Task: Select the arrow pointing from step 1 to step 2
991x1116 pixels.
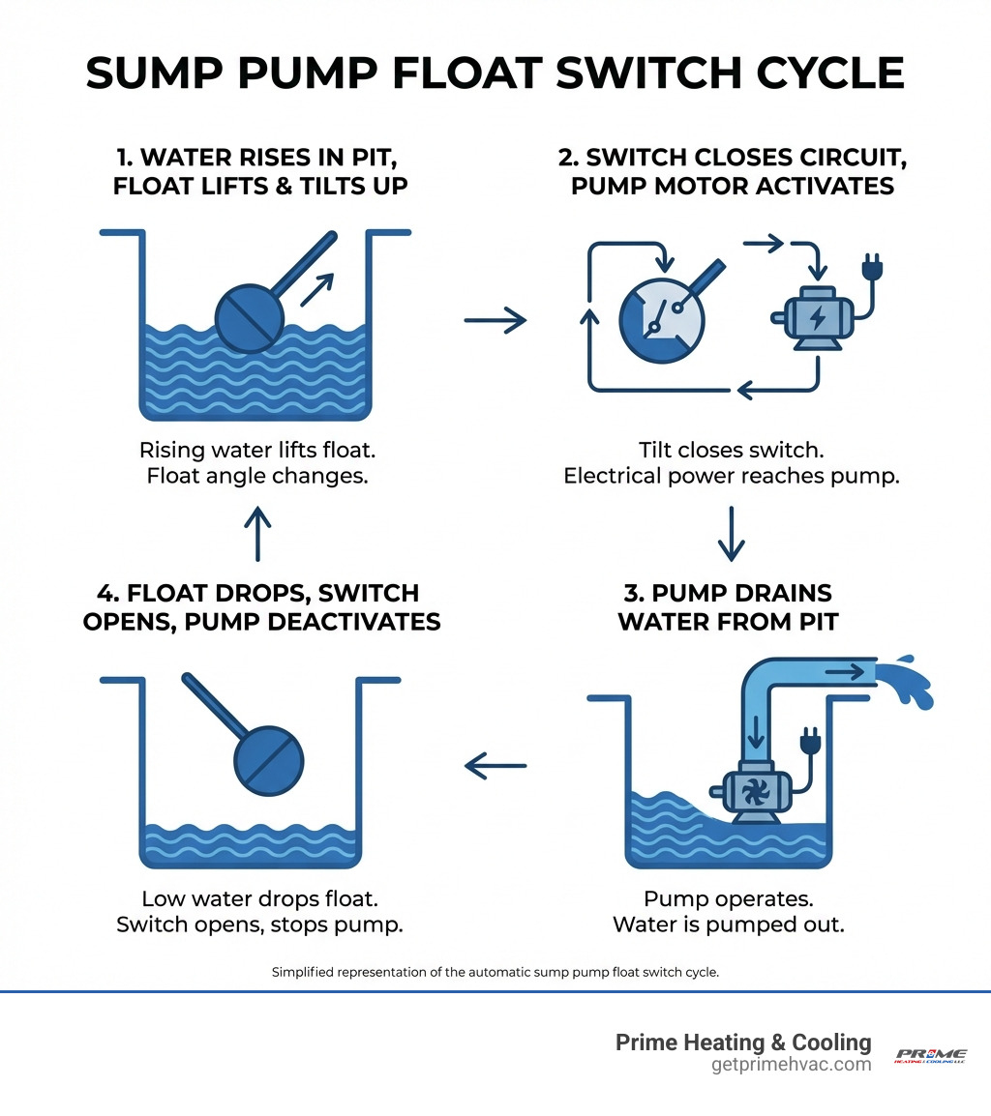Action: click(495, 319)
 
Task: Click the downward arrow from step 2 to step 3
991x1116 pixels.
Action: click(731, 533)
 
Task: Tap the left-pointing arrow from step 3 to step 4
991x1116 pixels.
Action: click(495, 766)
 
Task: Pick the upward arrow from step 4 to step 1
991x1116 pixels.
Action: click(257, 533)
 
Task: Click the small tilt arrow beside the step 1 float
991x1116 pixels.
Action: click(317, 289)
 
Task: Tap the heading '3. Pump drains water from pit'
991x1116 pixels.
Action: click(727, 606)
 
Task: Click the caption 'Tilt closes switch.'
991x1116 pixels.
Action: click(731, 450)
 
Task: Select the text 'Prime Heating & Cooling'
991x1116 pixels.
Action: click(743, 1043)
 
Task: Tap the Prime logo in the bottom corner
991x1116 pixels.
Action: click(930, 1055)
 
